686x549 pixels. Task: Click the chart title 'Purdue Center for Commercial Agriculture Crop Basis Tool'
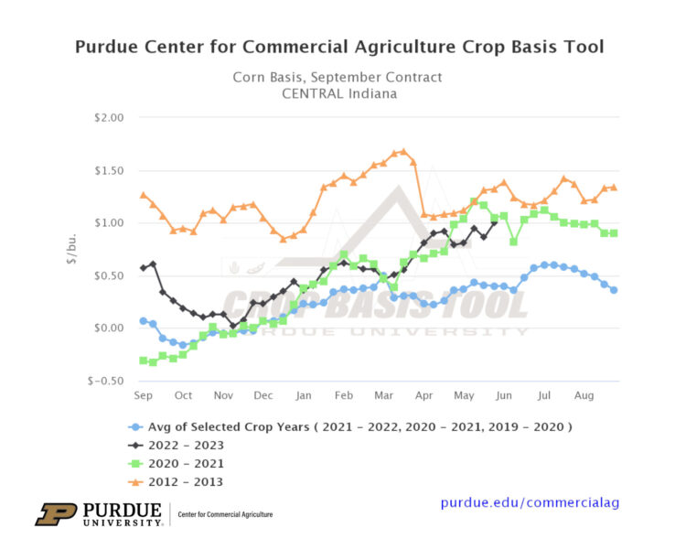coord(338,47)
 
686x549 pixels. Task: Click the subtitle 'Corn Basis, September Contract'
coord(338,78)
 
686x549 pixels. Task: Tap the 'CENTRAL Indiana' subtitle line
coord(338,94)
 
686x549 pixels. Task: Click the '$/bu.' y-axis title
coord(71,249)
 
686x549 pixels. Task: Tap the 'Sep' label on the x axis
coord(144,395)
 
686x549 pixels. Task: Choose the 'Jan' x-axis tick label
coord(304,395)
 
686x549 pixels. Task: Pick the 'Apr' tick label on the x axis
coord(423,395)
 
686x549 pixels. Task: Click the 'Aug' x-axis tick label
coord(584,395)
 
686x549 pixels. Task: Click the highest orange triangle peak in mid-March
coord(403,152)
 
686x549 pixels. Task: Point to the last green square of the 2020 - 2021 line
coord(614,233)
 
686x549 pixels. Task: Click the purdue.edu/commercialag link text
coord(535,503)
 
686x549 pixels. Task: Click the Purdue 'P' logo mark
coord(56,514)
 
